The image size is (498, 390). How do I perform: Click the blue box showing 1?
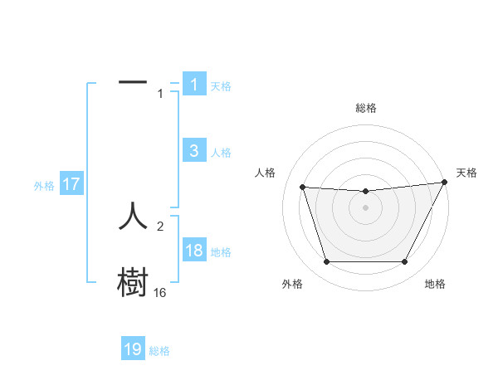coord(193,85)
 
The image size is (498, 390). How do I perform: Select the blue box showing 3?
coord(193,151)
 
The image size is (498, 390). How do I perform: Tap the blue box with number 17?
coord(71,184)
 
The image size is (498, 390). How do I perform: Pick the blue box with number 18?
coord(193,251)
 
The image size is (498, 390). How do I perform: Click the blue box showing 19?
coord(133,349)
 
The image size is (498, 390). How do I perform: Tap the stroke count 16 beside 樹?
coord(159,293)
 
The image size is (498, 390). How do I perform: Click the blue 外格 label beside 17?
coord(44,186)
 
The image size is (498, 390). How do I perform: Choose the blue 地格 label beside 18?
coord(221,252)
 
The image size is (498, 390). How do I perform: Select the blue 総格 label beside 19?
coord(159,351)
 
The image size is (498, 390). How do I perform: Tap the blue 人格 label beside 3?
coord(221,153)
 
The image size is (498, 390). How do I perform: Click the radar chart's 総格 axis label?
coord(365,108)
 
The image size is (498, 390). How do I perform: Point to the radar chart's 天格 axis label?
coord(466,173)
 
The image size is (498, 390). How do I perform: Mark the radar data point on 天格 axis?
coord(444,183)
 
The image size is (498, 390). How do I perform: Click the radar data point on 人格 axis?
coord(302,188)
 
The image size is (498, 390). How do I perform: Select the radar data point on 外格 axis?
coord(326,262)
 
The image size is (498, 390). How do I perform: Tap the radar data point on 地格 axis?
coord(404,262)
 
